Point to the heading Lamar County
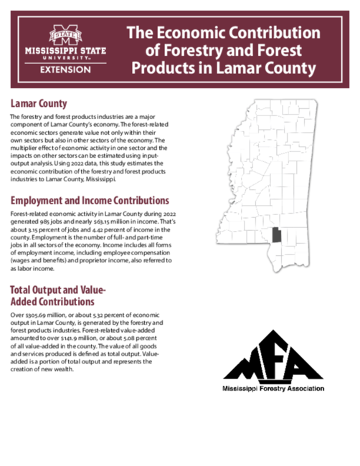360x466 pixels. click(x=39, y=105)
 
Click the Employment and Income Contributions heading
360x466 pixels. click(x=90, y=200)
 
